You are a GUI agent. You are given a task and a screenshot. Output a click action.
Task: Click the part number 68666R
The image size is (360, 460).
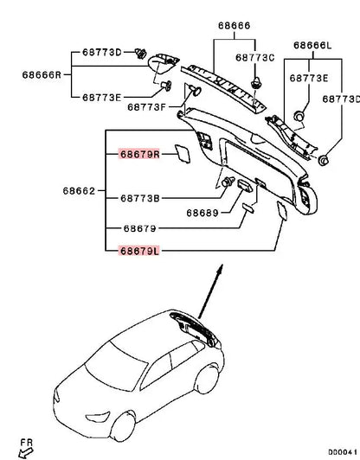point(42,75)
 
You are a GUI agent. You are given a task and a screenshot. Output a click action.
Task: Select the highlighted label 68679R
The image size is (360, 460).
point(140,154)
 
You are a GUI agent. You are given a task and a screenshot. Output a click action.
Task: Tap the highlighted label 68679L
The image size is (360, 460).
point(139,251)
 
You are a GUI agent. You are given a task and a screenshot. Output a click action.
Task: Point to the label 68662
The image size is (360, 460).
point(79,191)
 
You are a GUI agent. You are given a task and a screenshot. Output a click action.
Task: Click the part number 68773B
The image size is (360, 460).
point(140,198)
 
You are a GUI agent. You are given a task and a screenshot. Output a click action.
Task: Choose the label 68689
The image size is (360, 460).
point(202,213)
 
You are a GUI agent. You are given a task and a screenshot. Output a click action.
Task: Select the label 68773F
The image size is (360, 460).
point(147,107)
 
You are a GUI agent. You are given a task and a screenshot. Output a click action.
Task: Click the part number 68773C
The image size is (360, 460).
point(255,58)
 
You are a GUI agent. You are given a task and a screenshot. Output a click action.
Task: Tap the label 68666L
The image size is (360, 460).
point(312,46)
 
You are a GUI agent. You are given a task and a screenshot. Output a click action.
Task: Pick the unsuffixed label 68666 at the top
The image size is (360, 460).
point(234,26)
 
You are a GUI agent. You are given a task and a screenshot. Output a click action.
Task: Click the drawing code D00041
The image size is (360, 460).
point(343,451)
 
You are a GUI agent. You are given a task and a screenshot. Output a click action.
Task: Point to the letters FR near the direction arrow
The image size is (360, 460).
point(27,443)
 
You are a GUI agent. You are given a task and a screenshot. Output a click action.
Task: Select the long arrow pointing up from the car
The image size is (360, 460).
point(210,291)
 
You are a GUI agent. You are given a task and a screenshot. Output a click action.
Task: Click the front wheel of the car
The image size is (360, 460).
point(123,426)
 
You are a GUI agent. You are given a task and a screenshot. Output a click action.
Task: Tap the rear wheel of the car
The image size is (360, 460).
point(207,379)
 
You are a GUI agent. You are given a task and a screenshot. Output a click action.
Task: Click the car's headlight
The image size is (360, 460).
point(98,417)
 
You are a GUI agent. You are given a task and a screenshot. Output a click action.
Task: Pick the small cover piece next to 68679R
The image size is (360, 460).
point(183,153)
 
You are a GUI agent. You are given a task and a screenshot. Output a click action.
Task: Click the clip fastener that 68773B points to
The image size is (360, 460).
point(228,182)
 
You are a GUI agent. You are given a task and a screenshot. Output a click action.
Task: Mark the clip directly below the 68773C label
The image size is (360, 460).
point(256,82)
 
